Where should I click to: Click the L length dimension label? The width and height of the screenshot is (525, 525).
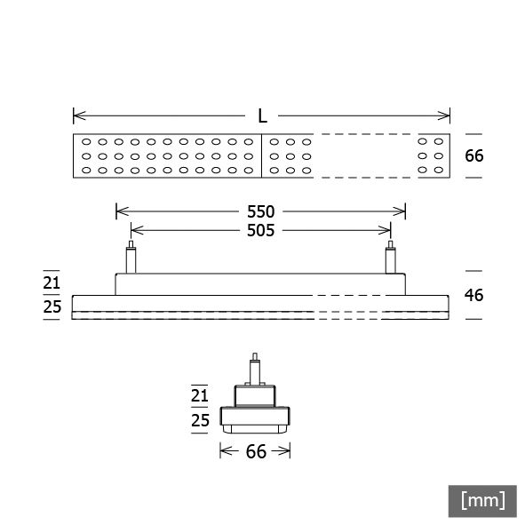click(x=262, y=116)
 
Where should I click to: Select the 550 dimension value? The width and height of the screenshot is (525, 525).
click(x=261, y=212)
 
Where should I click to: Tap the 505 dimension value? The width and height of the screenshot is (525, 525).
click(x=261, y=230)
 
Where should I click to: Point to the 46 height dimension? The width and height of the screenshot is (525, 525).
click(x=473, y=294)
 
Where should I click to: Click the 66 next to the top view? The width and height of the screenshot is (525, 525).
click(x=473, y=155)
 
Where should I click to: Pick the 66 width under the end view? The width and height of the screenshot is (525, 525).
click(x=256, y=451)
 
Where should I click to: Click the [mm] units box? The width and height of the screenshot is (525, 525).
click(x=482, y=500)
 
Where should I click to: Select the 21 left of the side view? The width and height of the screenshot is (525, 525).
click(x=52, y=283)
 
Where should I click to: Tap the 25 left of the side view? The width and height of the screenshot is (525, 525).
click(x=52, y=306)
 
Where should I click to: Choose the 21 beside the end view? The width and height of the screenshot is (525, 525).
click(x=200, y=396)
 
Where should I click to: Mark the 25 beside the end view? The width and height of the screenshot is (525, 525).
click(x=200, y=420)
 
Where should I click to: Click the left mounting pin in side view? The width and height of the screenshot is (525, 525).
click(x=131, y=258)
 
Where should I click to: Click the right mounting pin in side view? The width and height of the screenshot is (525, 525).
click(x=390, y=258)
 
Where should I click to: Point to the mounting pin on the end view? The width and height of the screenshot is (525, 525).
click(x=256, y=369)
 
